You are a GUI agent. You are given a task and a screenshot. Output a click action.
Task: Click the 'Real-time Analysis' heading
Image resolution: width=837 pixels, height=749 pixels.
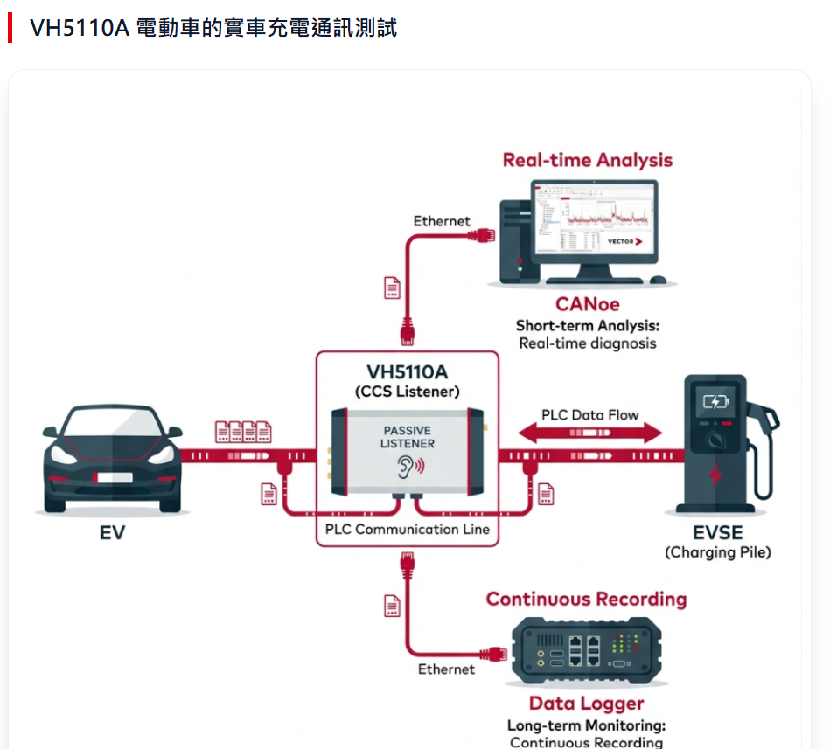tap(587, 160)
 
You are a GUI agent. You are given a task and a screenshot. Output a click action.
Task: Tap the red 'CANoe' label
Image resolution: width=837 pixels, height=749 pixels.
tap(587, 304)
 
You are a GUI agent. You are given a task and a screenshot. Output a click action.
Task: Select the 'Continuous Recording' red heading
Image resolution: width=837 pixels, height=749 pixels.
tap(586, 600)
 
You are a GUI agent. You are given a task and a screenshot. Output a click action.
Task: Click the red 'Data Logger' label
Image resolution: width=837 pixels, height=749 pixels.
tap(586, 704)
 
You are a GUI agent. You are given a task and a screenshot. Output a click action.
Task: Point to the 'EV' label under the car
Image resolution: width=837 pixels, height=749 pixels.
tap(112, 531)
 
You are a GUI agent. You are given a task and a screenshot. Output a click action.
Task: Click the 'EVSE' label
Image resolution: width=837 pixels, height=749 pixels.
tap(717, 532)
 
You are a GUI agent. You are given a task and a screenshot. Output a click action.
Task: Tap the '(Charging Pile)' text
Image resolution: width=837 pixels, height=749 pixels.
tap(717, 552)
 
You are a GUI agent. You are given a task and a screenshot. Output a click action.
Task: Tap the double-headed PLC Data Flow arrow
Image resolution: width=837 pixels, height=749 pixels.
tap(590, 432)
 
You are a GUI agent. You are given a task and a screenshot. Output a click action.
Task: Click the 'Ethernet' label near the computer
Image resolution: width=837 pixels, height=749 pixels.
tap(442, 221)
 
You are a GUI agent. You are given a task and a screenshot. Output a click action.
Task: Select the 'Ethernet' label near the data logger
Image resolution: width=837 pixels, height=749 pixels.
tap(446, 669)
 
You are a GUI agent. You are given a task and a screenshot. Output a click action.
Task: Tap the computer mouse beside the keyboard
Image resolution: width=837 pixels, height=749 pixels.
tap(658, 281)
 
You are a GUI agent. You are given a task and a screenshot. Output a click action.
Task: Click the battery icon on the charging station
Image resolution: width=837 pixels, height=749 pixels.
tap(715, 402)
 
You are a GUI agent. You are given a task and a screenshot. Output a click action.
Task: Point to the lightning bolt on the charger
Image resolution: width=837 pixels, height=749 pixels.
tap(715, 475)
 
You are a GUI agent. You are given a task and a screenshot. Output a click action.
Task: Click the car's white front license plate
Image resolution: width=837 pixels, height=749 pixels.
tap(111, 478)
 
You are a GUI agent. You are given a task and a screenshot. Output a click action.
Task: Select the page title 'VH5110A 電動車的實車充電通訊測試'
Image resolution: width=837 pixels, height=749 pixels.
tap(213, 28)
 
